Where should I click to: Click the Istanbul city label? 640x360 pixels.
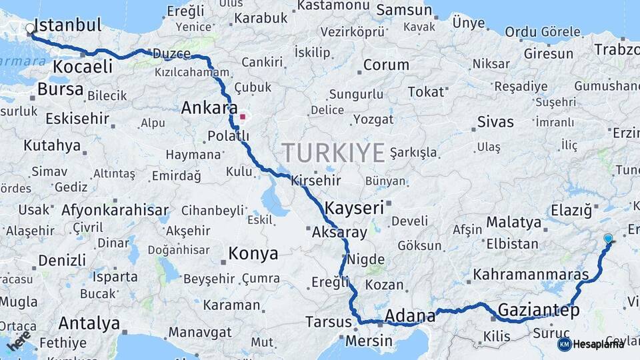[67, 25]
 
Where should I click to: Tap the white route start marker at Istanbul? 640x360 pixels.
[30, 29]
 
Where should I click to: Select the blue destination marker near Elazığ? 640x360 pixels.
[607, 239]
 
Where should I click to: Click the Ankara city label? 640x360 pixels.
[209, 107]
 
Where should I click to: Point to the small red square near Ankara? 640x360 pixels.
[243, 117]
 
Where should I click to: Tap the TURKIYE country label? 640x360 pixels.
[333, 153]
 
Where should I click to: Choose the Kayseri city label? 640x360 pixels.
[355, 207]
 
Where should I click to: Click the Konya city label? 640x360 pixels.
[253, 253]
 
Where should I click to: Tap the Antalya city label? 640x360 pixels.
[89, 323]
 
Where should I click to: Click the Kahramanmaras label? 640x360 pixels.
[531, 274]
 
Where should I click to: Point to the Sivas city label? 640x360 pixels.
[495, 121]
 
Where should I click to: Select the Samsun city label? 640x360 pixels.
[404, 10]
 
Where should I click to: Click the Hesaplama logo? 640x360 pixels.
[591, 344]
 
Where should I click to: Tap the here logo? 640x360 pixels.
[18, 340]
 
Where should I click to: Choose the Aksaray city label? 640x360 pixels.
[339, 233]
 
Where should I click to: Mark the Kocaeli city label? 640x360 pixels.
[83, 67]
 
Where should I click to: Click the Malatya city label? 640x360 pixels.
[513, 222]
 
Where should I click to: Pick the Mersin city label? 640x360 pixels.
[369, 341]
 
